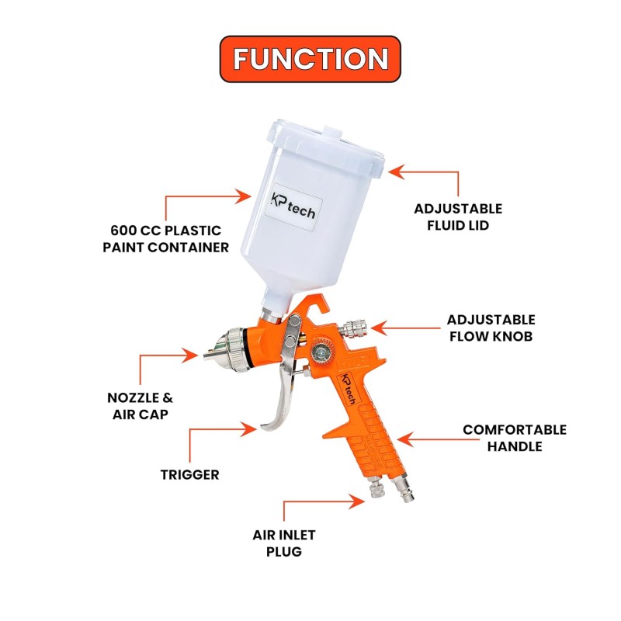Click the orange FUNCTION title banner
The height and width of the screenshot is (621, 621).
[x=310, y=59]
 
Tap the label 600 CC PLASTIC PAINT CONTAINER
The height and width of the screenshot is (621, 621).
[x=166, y=239]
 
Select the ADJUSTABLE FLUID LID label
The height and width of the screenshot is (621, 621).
[x=458, y=217]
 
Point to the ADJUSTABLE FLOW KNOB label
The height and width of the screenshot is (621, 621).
[x=491, y=328]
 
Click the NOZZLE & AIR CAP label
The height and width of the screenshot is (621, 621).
[x=141, y=406]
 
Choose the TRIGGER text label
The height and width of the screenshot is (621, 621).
[x=189, y=474]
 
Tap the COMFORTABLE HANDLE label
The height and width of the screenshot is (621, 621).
[x=515, y=438]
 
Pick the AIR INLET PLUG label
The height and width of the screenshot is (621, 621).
[x=284, y=543]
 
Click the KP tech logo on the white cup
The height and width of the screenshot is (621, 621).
[x=293, y=206]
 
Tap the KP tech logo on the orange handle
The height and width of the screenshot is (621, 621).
[x=348, y=389]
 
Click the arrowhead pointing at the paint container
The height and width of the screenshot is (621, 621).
[x=243, y=196]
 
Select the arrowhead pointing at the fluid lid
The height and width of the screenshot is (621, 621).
[x=397, y=172]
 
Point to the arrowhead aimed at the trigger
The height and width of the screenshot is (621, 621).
[x=248, y=429]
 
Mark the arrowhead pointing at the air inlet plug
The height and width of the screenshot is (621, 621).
[x=356, y=501]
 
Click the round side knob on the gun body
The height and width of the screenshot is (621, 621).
[x=323, y=351]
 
